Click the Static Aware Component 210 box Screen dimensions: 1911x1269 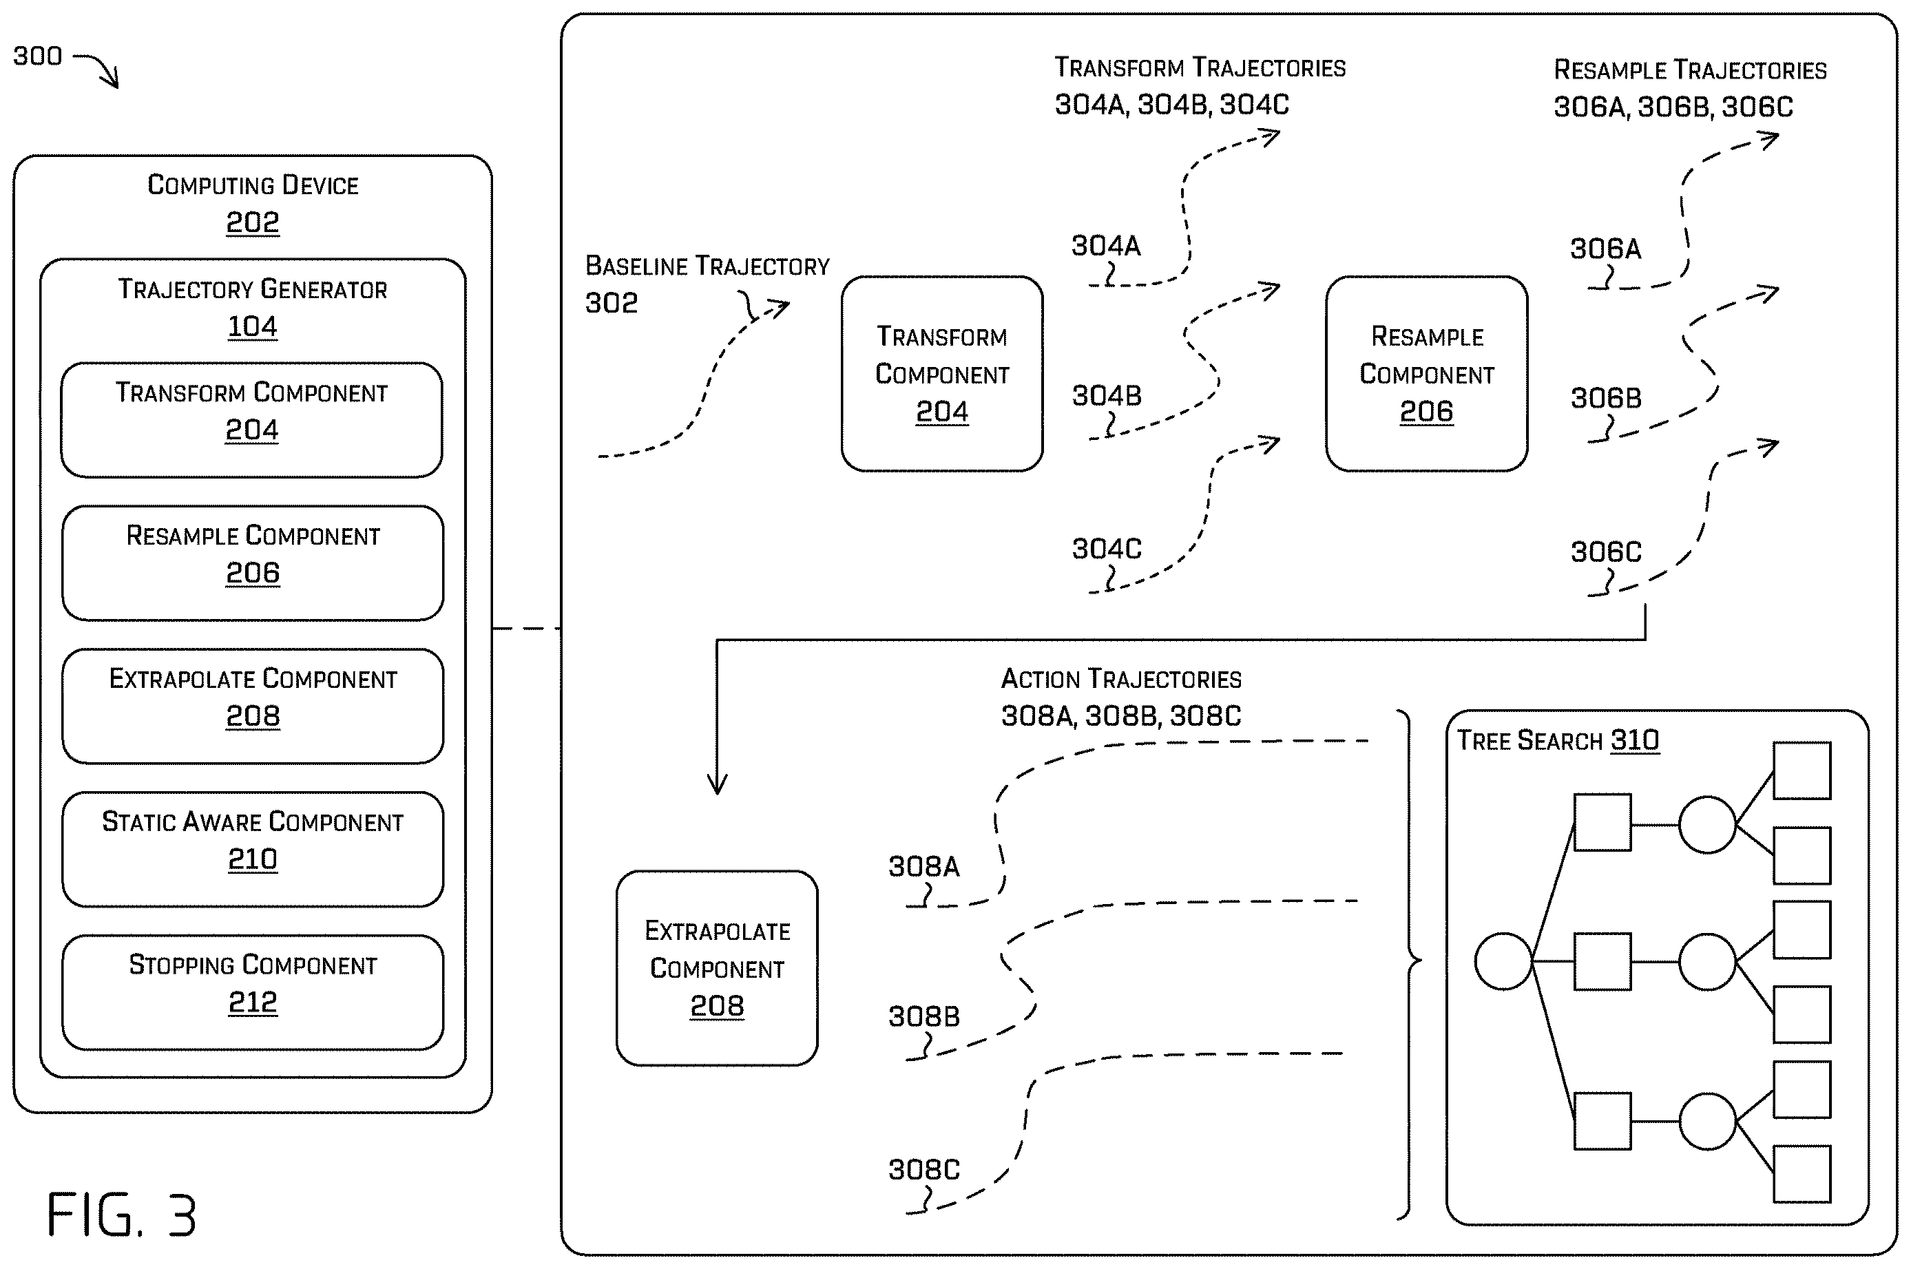click(253, 849)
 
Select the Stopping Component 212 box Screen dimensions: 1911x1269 click(253, 992)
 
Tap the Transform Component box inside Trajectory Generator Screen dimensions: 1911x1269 click(252, 420)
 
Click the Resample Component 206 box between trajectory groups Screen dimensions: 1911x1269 click(1426, 374)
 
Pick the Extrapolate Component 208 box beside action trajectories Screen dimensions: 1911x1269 click(717, 968)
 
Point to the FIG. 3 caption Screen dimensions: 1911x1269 click(121, 1214)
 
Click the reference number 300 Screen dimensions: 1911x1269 click(37, 56)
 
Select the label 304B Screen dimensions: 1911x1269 click(1107, 395)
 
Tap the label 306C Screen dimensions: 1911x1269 click(1606, 552)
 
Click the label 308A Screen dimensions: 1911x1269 click(923, 867)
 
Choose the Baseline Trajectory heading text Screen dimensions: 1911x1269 click(707, 266)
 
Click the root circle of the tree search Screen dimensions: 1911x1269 click(1503, 961)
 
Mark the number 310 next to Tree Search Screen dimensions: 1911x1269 click(1635, 740)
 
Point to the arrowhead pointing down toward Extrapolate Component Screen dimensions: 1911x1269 click(717, 784)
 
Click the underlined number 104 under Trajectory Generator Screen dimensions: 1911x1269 click(253, 326)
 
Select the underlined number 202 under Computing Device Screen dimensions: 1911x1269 click(253, 222)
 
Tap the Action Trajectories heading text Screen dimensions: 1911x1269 click(1121, 678)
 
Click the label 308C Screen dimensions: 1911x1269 click(923, 1169)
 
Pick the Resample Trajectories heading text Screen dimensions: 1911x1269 click(1690, 70)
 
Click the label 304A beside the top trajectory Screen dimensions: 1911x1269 click(1106, 245)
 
